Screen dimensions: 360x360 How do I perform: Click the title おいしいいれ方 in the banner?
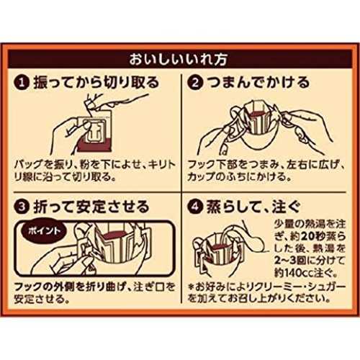pyautogui.click(x=178, y=59)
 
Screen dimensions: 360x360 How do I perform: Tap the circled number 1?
pyautogui.click(x=22, y=83)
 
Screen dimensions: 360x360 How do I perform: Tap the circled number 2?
pyautogui.click(x=195, y=83)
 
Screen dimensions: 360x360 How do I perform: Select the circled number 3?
pyautogui.click(x=22, y=207)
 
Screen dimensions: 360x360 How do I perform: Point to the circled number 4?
pyautogui.click(x=195, y=207)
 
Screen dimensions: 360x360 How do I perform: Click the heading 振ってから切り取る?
pyautogui.click(x=96, y=83)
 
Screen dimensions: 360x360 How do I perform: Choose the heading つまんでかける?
pyautogui.click(x=258, y=83)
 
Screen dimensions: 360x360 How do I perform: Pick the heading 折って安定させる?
pyautogui.click(x=91, y=207)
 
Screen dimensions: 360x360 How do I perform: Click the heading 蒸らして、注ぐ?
pyautogui.click(x=253, y=207)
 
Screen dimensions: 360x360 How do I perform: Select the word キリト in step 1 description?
pyautogui.click(x=162, y=165)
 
